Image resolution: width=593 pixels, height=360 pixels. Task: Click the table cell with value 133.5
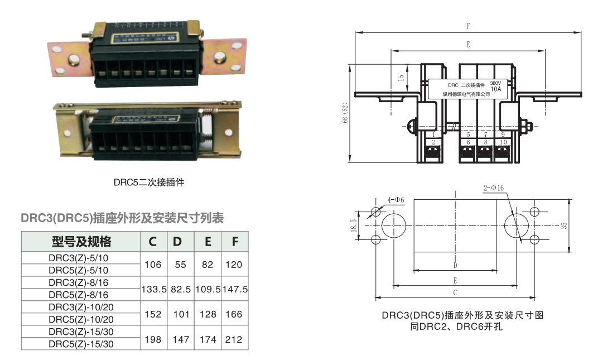153,290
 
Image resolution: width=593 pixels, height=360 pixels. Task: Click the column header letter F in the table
235,242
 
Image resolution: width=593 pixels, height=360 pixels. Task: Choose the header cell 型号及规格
81,242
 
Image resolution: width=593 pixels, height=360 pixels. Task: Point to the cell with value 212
234,339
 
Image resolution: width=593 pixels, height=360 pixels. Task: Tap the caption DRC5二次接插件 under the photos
149,182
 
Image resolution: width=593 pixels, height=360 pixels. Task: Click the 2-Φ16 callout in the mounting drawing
493,189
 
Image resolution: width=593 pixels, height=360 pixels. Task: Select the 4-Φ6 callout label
396,200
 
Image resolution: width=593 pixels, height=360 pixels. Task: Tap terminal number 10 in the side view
503,142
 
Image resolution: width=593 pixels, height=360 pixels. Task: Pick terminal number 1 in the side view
433,135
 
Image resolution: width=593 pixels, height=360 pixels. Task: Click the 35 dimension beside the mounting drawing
564,225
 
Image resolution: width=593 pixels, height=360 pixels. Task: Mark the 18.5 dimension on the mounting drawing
353,225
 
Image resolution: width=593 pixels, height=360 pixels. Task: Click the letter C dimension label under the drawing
455,292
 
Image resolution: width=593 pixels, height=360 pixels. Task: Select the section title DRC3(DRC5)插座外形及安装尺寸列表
122,218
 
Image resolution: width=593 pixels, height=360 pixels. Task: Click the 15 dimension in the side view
401,78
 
